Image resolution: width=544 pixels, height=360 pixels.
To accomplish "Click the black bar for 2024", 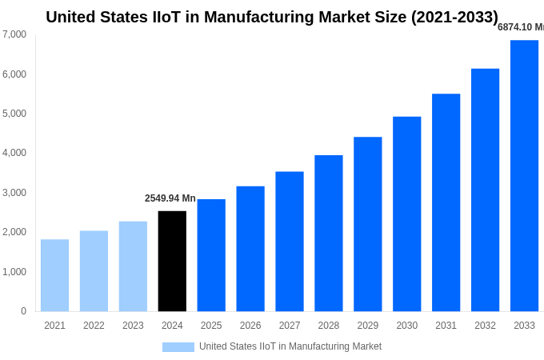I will click(172, 261).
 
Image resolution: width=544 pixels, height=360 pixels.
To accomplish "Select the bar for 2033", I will click(524, 176).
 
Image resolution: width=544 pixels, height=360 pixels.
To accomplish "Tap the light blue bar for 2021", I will click(54, 275).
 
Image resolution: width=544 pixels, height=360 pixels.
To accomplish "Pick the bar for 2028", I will click(328, 233).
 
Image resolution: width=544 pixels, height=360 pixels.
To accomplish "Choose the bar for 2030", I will click(406, 214).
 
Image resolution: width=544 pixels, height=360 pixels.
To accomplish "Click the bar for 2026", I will click(250, 249).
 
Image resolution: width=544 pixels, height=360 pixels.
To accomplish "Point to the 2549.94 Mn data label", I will click(170, 198).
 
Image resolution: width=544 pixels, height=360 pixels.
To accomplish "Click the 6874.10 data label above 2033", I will click(520, 27).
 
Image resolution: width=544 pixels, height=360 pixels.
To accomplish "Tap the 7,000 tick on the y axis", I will click(14, 34).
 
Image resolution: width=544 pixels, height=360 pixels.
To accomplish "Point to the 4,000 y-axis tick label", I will click(14, 153).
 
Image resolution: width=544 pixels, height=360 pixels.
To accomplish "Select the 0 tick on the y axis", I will click(23, 311).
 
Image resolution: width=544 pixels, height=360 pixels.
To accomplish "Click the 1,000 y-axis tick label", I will click(14, 272).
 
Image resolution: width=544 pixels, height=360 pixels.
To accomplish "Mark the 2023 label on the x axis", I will click(133, 326).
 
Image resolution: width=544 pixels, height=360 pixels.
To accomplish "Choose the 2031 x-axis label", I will click(446, 326).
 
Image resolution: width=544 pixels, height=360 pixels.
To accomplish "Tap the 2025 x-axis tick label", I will click(211, 326).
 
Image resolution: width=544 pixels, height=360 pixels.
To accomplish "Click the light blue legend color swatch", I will click(178, 347).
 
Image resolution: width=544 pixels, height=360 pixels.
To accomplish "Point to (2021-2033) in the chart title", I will click(454, 17).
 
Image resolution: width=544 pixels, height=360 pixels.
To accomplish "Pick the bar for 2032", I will click(485, 190).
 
